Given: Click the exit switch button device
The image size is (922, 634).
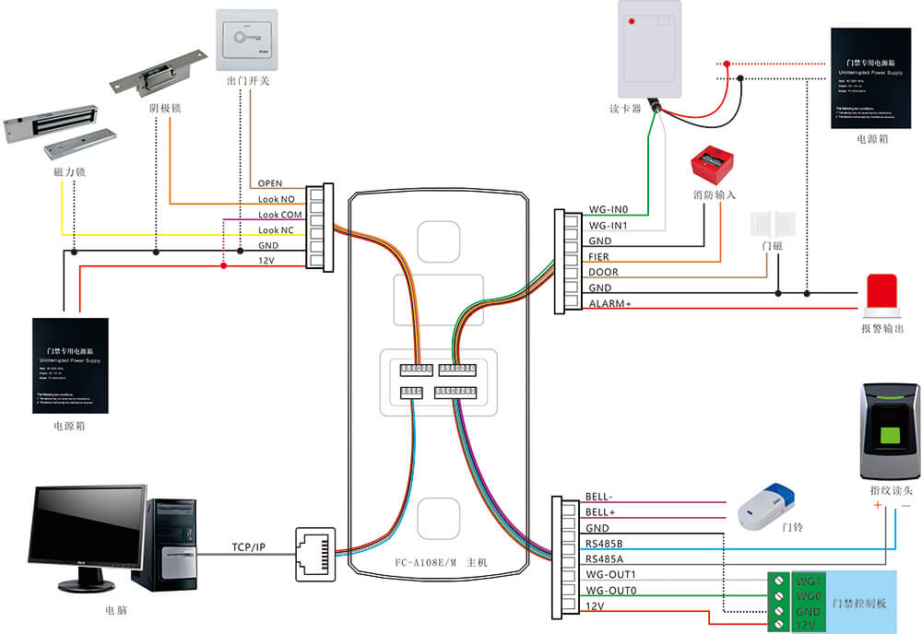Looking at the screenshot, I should tap(248, 41).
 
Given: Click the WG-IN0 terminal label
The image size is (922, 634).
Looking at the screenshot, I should tap(608, 210).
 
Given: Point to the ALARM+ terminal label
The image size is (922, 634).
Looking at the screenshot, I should tap(609, 303).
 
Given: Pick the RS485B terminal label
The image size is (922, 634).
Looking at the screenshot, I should tap(605, 544).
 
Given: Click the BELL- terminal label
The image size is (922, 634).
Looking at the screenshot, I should tap(599, 497).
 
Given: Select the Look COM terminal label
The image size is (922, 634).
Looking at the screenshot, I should tap(279, 215).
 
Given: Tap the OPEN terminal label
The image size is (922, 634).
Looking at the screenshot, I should tap(270, 183).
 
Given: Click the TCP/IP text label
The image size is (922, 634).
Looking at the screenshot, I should tap(248, 547).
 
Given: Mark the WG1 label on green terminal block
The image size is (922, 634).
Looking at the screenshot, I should tap(810, 581).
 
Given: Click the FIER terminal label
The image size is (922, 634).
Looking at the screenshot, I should tap(598, 257).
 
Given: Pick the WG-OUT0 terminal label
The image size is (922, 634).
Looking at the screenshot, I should tap(611, 591).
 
